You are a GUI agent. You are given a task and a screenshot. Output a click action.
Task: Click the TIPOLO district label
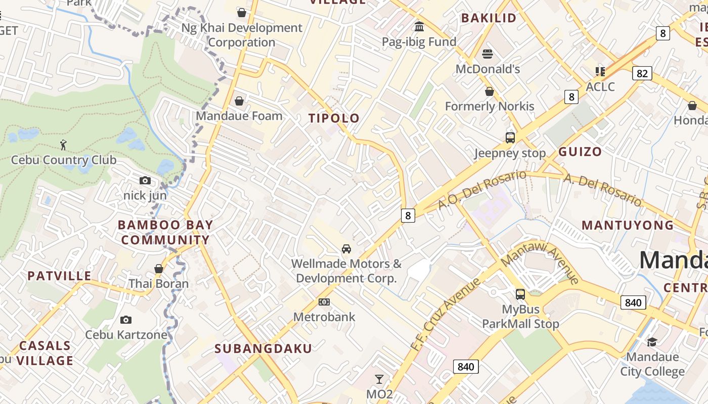coord(334,119)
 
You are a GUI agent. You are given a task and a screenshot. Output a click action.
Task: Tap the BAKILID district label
coord(489,18)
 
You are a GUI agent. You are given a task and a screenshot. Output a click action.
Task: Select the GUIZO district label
coord(580,151)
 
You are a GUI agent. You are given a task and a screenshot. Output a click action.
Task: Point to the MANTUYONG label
coord(628,225)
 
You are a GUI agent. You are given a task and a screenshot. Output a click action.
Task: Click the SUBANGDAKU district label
coord(263,348)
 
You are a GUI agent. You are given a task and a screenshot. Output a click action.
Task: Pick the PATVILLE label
coord(60,276)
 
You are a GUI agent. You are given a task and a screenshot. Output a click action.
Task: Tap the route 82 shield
coord(642,74)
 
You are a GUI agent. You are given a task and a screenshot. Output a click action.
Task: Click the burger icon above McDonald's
coord(488,54)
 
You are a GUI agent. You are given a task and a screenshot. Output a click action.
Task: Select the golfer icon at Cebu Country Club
coord(63,145)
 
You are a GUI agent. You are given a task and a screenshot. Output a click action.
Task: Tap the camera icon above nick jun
coord(145,180)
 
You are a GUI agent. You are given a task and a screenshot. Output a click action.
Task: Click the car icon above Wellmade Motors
coord(346,248)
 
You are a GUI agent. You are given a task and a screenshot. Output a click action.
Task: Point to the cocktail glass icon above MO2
coord(379,379)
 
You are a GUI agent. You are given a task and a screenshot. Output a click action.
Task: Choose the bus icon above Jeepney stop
coord(510,137)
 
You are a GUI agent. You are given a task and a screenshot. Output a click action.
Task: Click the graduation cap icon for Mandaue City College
coord(652,342)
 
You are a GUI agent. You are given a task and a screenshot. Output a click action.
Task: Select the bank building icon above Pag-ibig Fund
coord(419,26)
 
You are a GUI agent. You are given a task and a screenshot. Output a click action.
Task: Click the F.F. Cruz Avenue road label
coord(445,315)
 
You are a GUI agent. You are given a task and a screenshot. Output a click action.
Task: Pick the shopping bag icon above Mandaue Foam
coord(239,101)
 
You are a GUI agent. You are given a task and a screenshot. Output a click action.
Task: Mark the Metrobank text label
coord(324,317)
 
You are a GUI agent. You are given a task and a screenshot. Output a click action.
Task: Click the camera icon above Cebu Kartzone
coord(126,320)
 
